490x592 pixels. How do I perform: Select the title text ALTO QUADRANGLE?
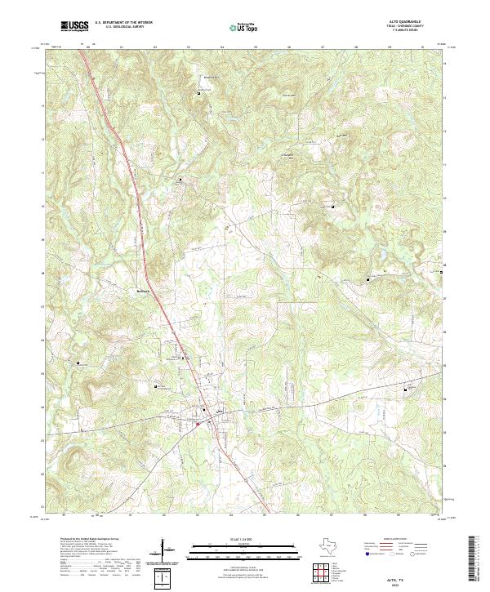[x=410, y=22]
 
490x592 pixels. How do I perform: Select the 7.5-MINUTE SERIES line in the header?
[x=410, y=32]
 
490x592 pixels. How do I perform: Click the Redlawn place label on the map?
[x=143, y=289]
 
